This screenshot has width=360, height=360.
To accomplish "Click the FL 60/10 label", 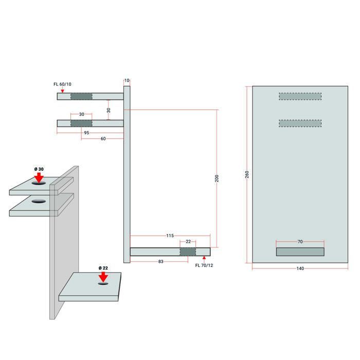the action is coord(62,84).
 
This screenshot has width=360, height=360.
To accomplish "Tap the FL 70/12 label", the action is coord(204,265).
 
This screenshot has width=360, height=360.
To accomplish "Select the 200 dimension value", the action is coord(217,178).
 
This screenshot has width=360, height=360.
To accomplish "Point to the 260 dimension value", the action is coord(247,174).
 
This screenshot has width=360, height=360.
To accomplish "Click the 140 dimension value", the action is coord(300,268).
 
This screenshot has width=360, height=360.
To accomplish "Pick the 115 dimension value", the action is coord(170,236).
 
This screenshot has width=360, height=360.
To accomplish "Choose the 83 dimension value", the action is coord(160,261).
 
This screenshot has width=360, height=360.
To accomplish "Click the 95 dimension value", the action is coord(86,133).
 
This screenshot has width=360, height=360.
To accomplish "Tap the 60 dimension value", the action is coord(103,139).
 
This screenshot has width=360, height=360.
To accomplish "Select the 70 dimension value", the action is coord(300,242).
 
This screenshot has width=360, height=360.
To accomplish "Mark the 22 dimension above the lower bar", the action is coord(188,242).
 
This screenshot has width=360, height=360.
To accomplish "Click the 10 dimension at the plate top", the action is coord(127,81).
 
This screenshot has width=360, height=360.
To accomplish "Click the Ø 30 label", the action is coord(39,169).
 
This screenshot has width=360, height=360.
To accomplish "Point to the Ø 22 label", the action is coord(103,268).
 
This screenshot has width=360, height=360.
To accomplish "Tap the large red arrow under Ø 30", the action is coord(39,178).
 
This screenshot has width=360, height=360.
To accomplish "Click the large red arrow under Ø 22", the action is coord(103,277).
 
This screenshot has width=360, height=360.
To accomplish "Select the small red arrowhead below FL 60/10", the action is coord(62,91).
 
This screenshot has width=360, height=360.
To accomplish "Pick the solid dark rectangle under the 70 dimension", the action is coord(300,252).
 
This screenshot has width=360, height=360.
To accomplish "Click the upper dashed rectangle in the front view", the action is coord(300,97).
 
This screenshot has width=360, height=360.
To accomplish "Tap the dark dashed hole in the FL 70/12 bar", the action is coord(188,252).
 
